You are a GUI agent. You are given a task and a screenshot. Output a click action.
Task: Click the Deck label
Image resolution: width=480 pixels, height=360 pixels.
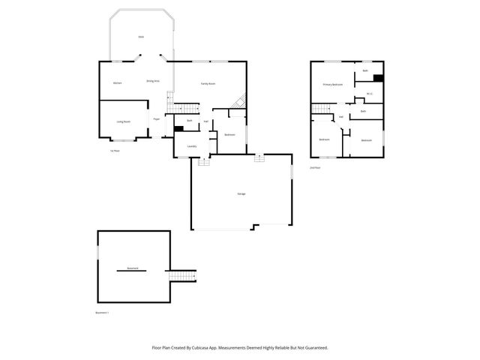point(140,37)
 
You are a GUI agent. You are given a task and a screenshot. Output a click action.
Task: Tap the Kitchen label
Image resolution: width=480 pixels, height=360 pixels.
point(117,82)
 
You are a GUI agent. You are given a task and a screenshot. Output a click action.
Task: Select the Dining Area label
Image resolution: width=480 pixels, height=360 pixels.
point(152,80)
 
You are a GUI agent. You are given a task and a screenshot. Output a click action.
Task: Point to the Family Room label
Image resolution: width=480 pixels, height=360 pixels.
point(208,82)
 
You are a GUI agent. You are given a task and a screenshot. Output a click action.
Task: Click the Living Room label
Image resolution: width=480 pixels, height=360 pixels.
point(123,121)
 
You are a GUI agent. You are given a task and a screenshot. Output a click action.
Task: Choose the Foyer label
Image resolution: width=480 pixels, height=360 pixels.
point(157,118)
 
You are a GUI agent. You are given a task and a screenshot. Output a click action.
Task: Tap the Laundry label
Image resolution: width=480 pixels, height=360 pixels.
point(191,146)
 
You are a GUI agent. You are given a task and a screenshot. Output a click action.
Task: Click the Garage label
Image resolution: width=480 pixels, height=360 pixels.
point(241,193)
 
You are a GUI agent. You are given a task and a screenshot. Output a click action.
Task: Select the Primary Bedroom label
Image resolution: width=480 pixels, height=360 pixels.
point(332,85)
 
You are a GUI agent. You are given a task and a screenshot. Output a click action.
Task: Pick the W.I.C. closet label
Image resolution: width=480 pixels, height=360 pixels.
point(370,94)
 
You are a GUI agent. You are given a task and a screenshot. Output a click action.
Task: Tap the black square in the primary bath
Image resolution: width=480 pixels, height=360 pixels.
point(378,78)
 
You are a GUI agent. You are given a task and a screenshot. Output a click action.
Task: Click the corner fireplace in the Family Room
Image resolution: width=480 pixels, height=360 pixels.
point(239,100)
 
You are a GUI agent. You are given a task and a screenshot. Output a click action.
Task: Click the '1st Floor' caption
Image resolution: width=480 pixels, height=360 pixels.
point(115,151)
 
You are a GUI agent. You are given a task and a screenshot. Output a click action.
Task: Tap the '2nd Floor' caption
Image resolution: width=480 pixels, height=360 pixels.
point(315,168)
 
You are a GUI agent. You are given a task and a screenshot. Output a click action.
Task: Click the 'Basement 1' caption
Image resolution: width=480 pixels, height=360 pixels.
point(103,312)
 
